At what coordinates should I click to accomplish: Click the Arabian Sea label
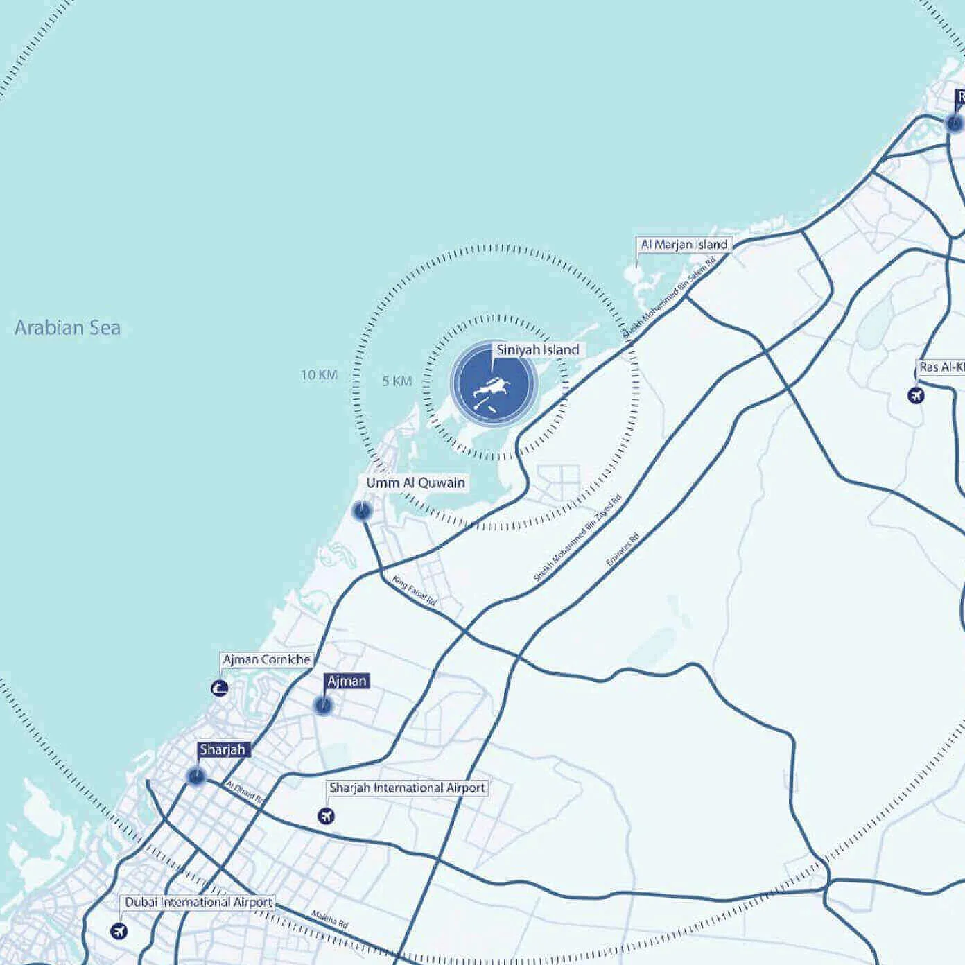[x=67, y=327]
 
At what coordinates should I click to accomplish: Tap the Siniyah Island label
[x=537, y=350]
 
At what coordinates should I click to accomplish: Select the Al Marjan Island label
[x=684, y=244]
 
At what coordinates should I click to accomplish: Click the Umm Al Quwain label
[x=415, y=483]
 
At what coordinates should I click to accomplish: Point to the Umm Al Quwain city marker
[x=361, y=512]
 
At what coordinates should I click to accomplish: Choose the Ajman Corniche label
[x=266, y=659]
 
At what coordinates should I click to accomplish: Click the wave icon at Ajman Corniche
[x=220, y=688]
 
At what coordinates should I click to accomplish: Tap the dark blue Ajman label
[x=347, y=681]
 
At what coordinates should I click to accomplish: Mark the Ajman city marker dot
[x=323, y=706]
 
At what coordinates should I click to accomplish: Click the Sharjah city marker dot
[x=196, y=776]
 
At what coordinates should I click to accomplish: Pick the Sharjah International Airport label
[x=407, y=788]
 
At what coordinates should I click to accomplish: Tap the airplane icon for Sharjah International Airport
[x=326, y=816]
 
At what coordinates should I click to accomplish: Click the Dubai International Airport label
[x=198, y=902]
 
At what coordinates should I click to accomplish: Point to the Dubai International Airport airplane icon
[x=119, y=931]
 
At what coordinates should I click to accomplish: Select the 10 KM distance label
[x=319, y=375]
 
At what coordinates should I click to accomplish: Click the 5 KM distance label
[x=397, y=381]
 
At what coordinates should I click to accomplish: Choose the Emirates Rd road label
[x=622, y=550]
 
